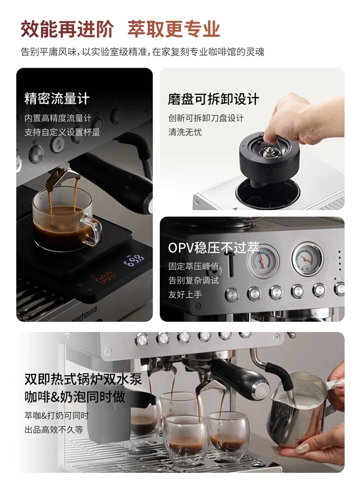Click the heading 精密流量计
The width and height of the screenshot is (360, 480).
tap(57, 98)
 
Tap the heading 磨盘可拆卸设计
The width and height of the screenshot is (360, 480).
tap(214, 99)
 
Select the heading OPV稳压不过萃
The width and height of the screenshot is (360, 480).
tap(214, 248)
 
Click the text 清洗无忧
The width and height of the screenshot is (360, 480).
tap(185, 132)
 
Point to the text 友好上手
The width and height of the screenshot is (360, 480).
tap(185, 295)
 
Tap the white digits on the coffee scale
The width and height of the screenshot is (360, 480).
tap(134, 260)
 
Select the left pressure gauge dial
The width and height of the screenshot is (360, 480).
tap(263, 260)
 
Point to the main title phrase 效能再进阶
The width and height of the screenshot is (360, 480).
tap(67, 29)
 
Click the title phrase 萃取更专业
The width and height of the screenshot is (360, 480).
tap(174, 29)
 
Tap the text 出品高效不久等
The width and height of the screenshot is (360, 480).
tap(54, 430)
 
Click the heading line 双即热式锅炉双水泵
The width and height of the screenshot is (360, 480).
tap(83, 379)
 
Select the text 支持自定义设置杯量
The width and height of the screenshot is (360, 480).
tap(62, 132)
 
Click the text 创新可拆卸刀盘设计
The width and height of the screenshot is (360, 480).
tap(206, 118)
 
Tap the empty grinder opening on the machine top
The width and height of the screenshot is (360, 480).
tap(267, 193)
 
